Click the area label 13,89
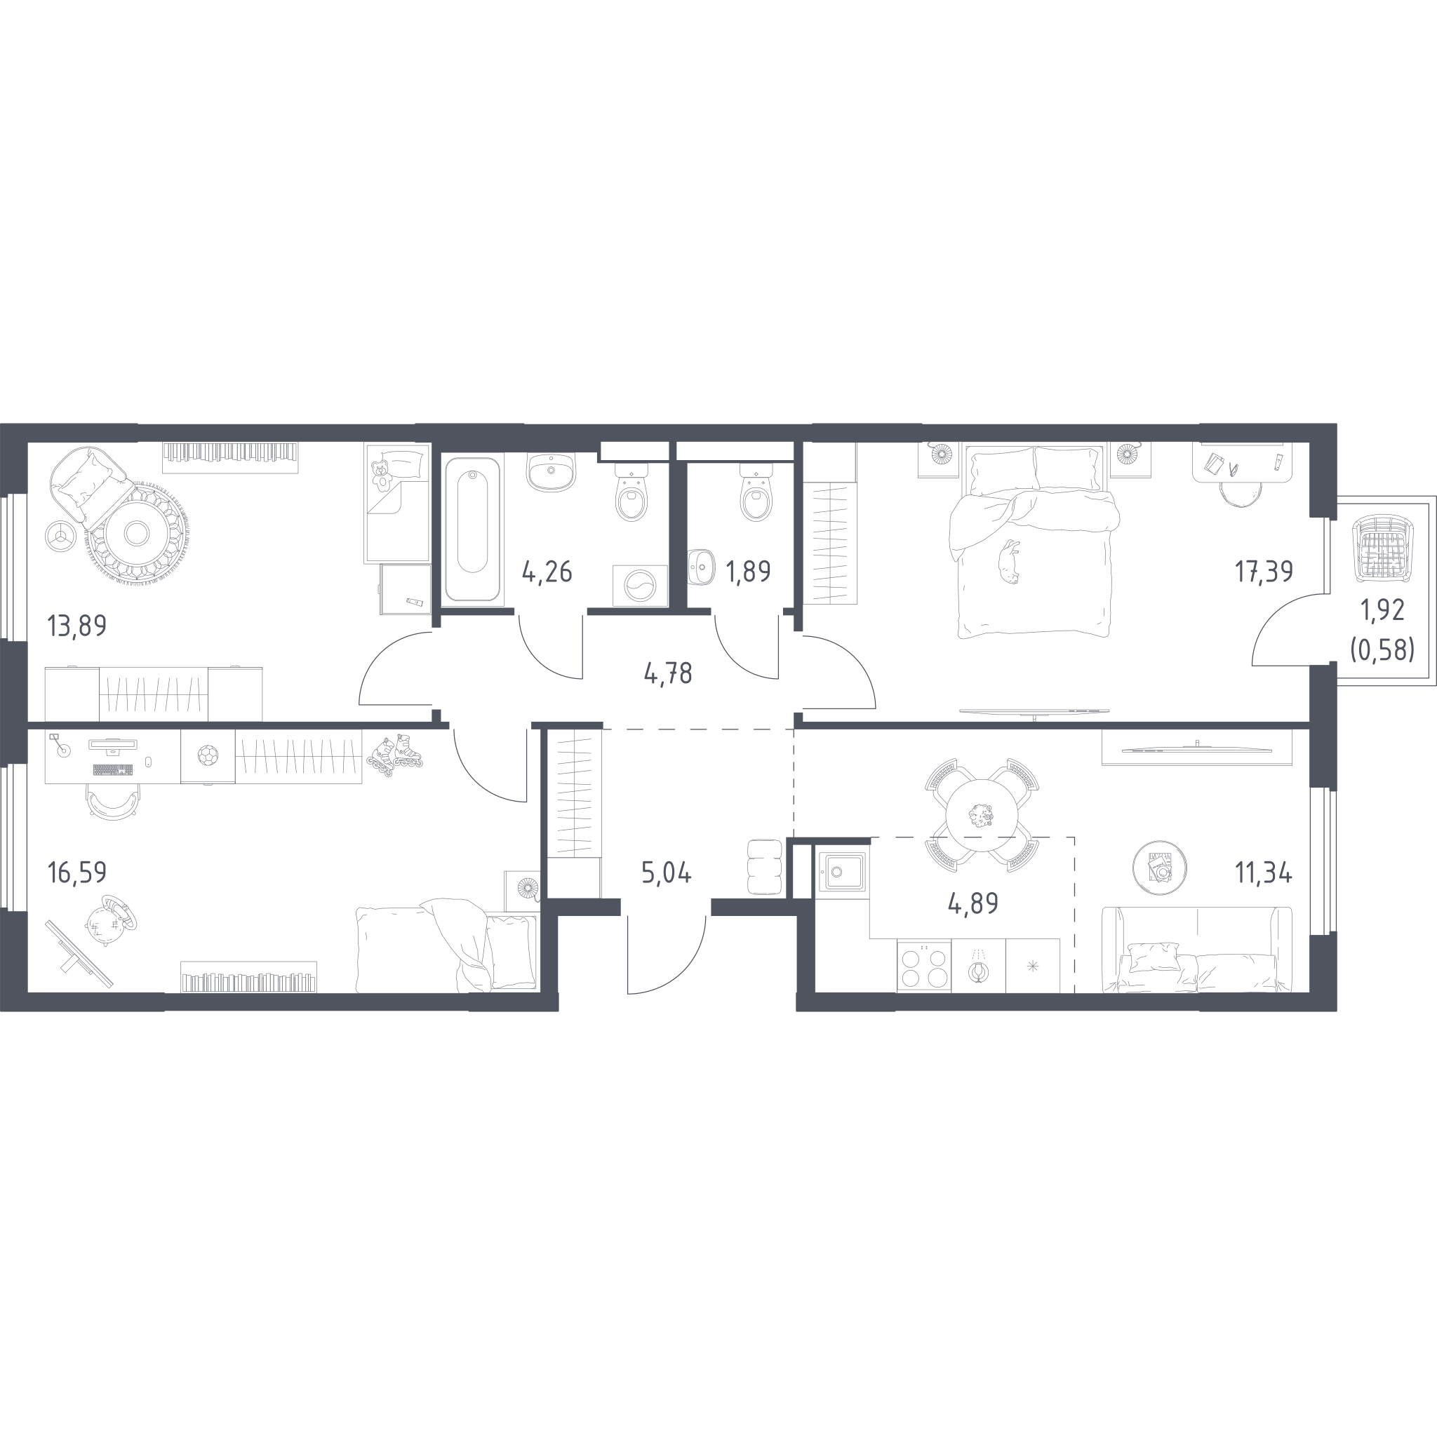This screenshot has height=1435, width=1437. (x=76, y=627)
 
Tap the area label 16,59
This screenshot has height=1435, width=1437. (x=76, y=873)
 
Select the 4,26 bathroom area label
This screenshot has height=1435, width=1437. (x=547, y=572)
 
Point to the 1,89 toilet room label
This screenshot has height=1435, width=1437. (x=748, y=572)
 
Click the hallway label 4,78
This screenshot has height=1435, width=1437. (x=667, y=675)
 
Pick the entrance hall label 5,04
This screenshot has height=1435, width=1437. (x=667, y=874)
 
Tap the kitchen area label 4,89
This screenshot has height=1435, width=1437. (x=973, y=903)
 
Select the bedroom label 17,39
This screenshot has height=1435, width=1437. (x=1264, y=572)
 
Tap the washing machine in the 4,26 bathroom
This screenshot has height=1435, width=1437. (x=640, y=586)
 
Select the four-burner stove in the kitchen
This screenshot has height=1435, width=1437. (x=924, y=966)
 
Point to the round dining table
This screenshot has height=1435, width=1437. (x=981, y=816)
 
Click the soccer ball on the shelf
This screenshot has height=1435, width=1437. (x=208, y=756)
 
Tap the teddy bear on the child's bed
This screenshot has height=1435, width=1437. (x=382, y=474)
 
